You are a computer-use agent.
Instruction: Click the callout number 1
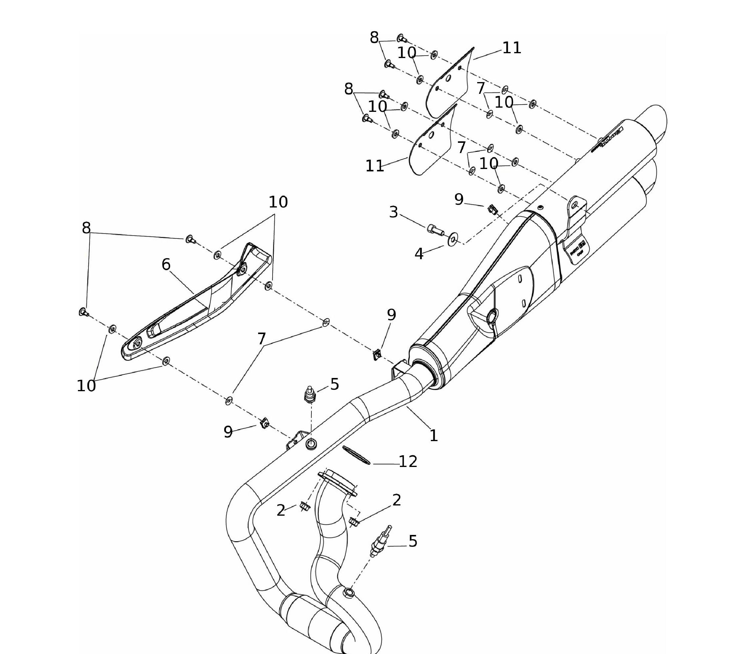[x=433, y=435]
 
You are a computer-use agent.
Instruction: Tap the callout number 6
[x=166, y=264]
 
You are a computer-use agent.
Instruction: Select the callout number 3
[x=393, y=212]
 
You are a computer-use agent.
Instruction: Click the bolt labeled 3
[x=435, y=229]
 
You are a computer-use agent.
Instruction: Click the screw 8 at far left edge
[x=84, y=312]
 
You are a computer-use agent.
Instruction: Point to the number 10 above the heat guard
[x=278, y=202]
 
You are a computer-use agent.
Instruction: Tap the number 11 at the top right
[x=511, y=48]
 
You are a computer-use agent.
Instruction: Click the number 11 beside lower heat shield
[x=375, y=166]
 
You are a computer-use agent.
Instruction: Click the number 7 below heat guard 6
[x=261, y=339]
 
